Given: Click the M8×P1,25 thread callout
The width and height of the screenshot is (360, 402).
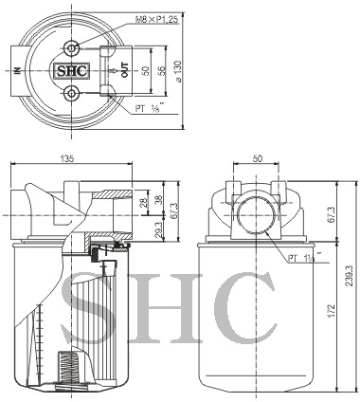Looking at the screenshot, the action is coord(157,20).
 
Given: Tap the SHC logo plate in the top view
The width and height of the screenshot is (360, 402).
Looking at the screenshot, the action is coord(72,71).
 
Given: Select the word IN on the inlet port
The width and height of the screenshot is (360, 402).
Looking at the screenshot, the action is coord(18,71).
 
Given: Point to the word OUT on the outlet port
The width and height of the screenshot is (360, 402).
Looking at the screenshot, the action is coord(125,70).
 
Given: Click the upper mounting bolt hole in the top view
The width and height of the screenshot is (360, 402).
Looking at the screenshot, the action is coord(72,48).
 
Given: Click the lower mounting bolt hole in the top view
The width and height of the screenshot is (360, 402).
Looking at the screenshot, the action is coord(72,93).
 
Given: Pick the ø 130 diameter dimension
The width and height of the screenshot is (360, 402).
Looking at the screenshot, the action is coord(178,71).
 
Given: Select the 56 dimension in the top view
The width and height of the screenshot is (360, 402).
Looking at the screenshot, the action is coord(161,70).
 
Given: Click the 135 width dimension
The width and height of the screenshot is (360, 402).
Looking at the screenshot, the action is coord(67,158).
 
